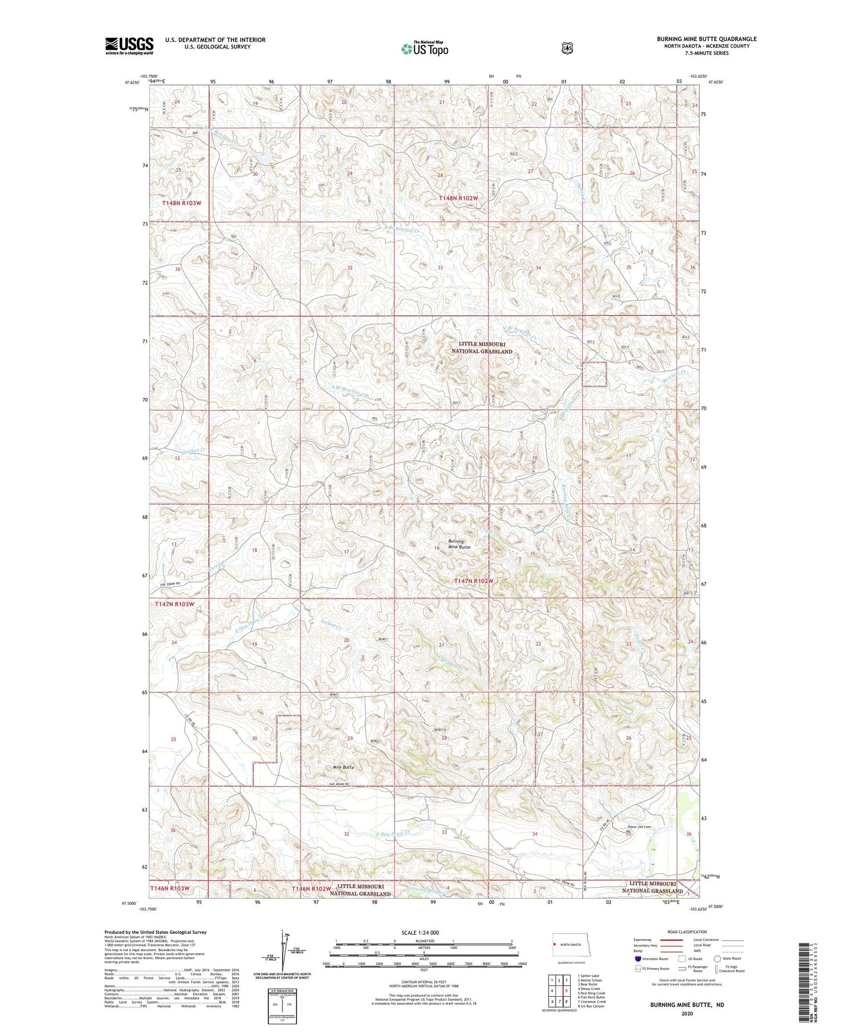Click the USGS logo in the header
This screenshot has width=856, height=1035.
[129, 46]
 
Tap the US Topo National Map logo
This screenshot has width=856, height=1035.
[425, 48]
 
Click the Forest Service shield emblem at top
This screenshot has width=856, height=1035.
[567, 48]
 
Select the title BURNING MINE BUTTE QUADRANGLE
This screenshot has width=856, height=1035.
[706, 39]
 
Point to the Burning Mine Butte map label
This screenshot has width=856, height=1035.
[459, 544]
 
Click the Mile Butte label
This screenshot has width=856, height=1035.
[344, 767]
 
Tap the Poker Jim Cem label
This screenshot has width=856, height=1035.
[639, 827]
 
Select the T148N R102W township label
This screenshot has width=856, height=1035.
[458, 198]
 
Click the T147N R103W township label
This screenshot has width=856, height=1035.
[175, 603]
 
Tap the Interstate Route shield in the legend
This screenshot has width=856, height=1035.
[638, 959]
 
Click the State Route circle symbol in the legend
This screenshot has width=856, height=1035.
[717, 959]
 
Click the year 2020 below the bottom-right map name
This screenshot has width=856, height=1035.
[687, 1014]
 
